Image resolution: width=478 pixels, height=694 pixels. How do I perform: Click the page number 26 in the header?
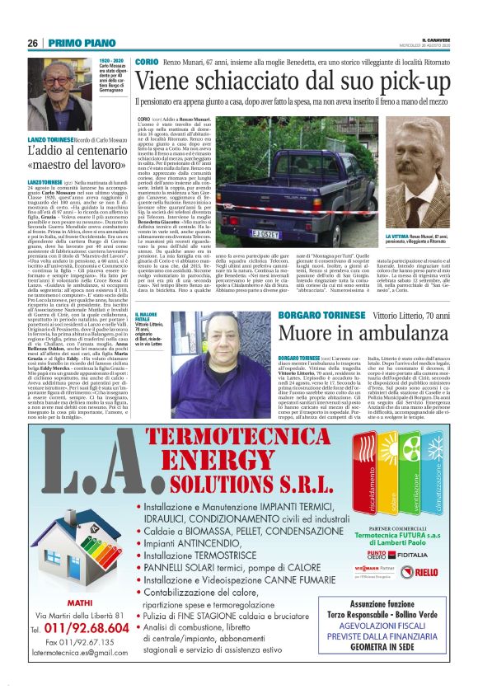coord(33,44)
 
